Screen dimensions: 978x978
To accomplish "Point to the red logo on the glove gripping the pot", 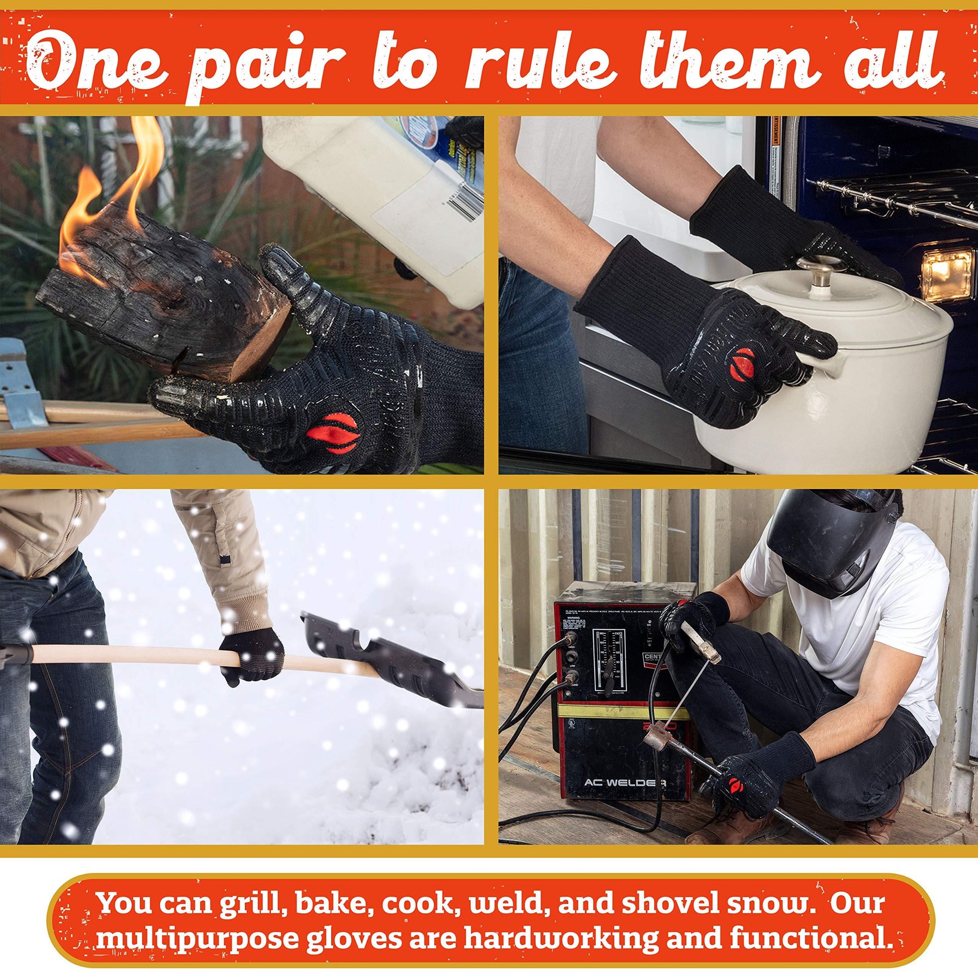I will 744,364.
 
